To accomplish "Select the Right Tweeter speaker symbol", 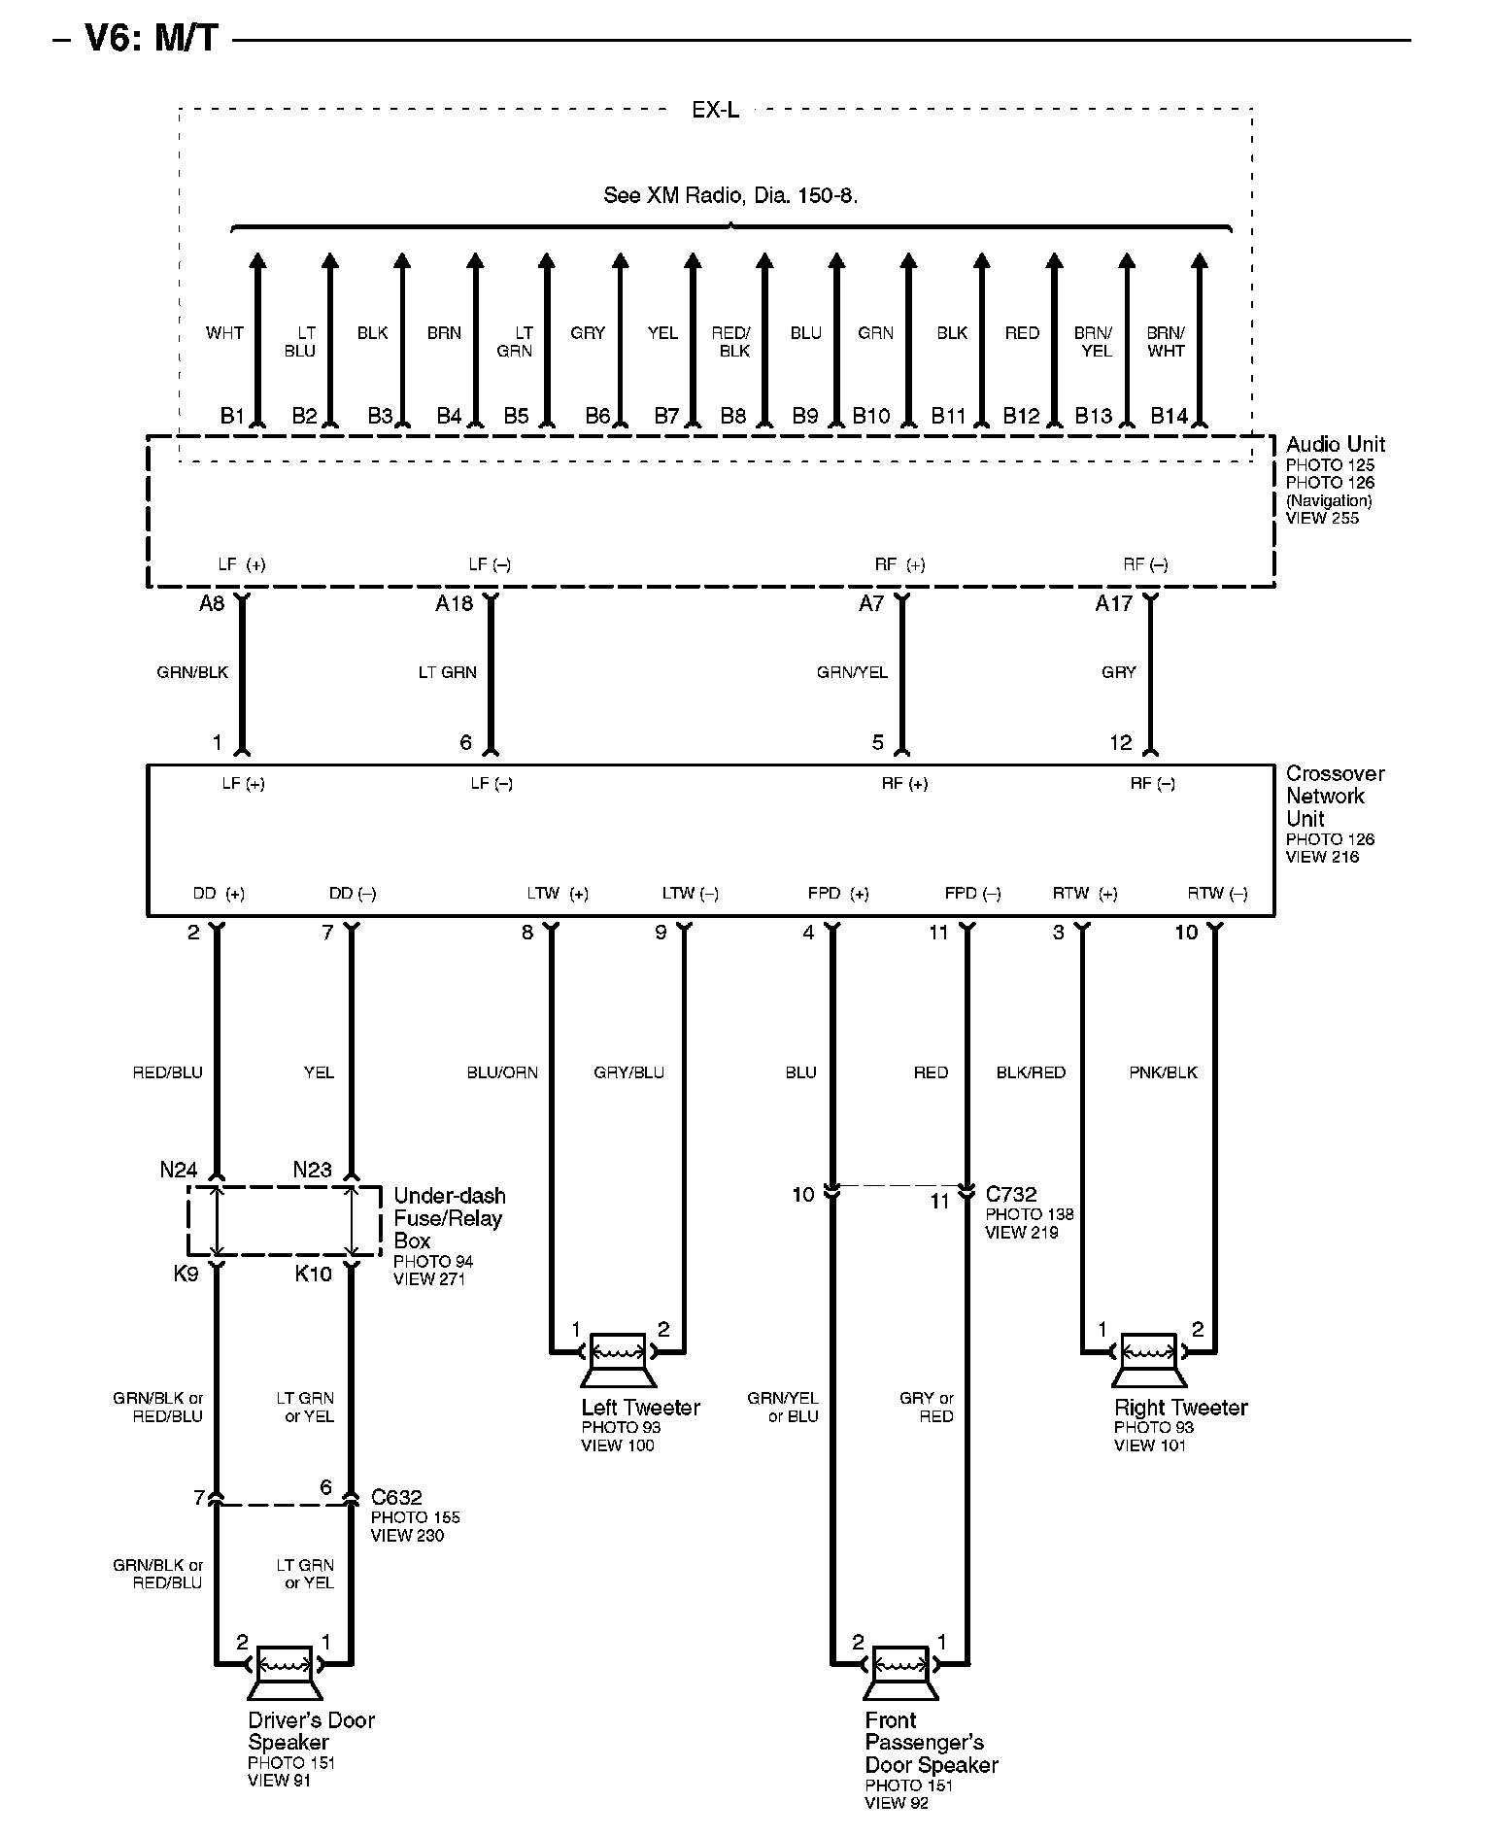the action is pos(1149,1358).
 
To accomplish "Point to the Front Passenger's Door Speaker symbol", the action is pos(900,1671).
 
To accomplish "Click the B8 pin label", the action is pos(733,417).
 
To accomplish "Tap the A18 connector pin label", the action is pos(454,604).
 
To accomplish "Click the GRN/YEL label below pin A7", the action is pos(852,672).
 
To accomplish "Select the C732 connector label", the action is pos(1011,1194).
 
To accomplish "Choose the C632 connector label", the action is pos(396,1498).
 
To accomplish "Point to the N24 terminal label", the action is pos(179,1170).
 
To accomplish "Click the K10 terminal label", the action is pos(313,1274).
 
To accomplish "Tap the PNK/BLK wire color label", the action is pos(1163,1072).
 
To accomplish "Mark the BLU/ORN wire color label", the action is pos(502,1072).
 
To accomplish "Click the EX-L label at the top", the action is pos(715,111).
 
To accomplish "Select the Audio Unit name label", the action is pos(1335,445).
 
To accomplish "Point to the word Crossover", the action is pos(1335,774).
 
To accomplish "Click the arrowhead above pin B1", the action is pos(257,260).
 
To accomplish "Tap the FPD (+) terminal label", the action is pos(837,894).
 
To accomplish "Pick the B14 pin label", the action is pos(1169,417).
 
